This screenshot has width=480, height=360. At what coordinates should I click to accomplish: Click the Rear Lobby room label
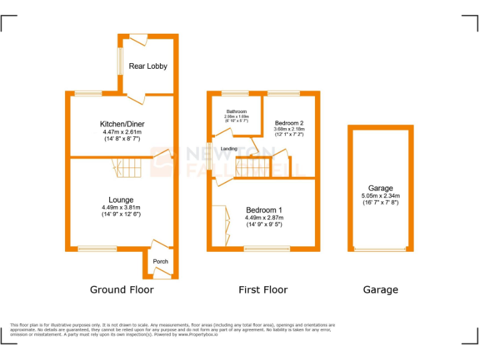[148, 66]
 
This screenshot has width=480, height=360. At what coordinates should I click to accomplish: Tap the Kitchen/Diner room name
[122, 124]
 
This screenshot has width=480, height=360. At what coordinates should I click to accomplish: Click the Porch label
[161, 261]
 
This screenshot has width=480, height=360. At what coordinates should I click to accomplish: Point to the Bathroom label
[236, 112]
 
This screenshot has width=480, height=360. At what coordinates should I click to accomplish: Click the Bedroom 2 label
[289, 123]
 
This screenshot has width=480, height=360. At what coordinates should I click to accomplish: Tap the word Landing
[229, 149]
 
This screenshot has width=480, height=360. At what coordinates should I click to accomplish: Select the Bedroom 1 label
[264, 210]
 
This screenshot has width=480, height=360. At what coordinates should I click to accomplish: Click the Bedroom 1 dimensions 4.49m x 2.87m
[264, 217]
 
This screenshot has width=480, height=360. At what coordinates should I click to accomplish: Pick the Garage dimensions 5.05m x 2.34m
[381, 196]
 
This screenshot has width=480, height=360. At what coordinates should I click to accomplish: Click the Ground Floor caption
[122, 289]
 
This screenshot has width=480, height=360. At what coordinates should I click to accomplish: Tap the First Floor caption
[263, 289]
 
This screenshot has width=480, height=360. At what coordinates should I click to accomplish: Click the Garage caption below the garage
[381, 289]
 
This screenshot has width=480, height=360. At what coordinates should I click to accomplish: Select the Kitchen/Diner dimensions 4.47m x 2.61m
[122, 132]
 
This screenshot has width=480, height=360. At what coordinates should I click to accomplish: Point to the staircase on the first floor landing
[252, 167]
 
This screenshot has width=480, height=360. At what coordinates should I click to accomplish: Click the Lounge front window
[97, 249]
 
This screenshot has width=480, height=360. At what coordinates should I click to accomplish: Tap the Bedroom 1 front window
[266, 249]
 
